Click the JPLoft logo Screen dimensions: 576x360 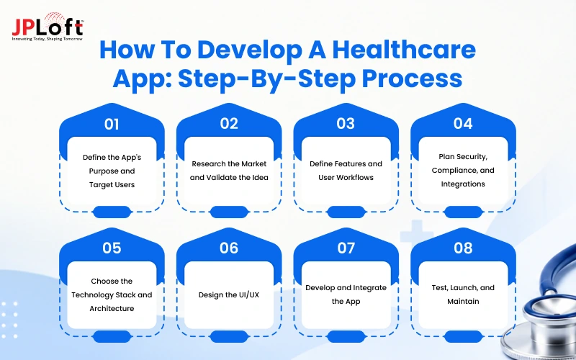coord(48,27)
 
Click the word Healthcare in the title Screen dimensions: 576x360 coord(404,50)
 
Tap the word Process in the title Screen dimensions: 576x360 coord(412,79)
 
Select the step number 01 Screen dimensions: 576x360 coord(112,124)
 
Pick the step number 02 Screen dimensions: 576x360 coord(229,124)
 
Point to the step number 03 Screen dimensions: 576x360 coord(346,124)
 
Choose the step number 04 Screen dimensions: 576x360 coord(463,124)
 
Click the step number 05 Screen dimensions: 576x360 coord(112,248)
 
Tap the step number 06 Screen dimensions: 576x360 coord(229,248)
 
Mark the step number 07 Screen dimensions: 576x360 coord(346,248)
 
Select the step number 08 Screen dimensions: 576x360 coord(463,248)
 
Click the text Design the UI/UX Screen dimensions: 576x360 coord(229,295)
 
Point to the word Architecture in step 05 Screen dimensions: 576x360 coord(112,309)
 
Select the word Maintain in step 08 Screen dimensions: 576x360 coord(463,302)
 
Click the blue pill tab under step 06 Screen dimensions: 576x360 coord(229,336)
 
